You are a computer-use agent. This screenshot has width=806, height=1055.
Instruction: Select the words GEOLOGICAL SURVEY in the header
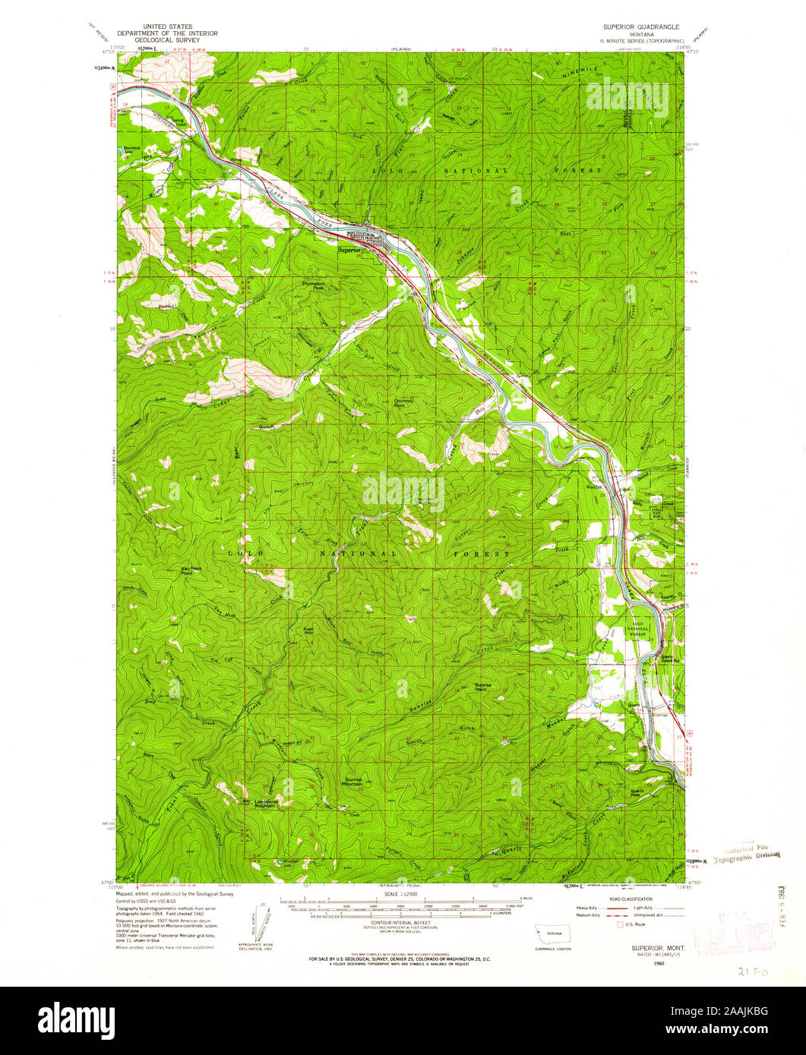168,40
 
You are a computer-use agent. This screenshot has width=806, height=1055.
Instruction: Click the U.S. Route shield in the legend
621,925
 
